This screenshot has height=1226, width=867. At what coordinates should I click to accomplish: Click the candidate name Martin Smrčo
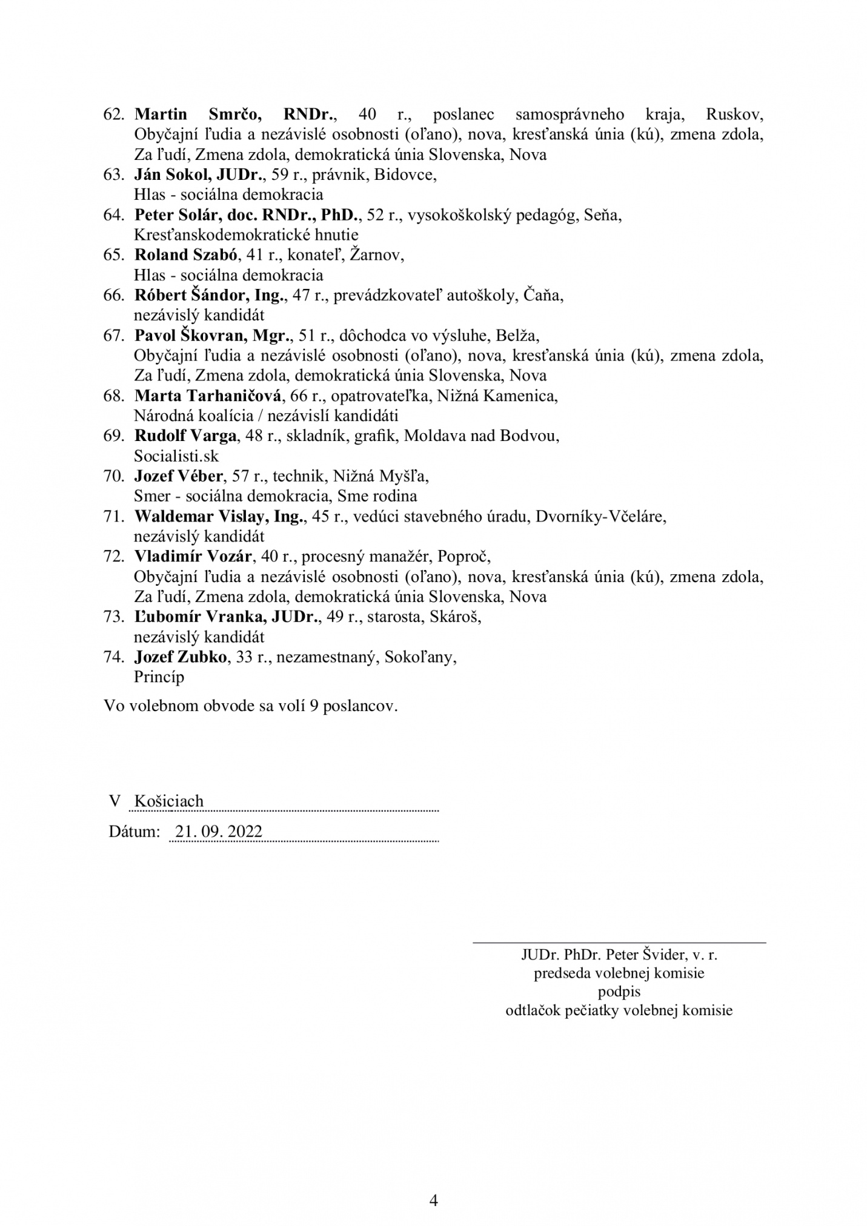pos(199,114)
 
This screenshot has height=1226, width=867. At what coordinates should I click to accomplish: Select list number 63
pos(113,174)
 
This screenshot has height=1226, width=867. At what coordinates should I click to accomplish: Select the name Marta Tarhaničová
pos(208,396)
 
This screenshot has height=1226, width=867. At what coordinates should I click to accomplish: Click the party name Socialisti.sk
pos(176,456)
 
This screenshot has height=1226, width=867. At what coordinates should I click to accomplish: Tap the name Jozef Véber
pos(178,475)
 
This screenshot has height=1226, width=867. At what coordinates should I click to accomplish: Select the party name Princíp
pos(159,677)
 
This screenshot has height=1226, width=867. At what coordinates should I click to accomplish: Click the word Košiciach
pos(169,801)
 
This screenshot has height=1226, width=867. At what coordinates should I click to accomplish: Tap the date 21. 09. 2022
pos(219,831)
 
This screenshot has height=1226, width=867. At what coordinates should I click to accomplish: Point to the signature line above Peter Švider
pos(619,943)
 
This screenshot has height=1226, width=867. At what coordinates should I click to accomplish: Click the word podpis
pos(619,992)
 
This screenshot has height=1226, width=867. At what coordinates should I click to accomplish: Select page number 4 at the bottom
pos(433,1182)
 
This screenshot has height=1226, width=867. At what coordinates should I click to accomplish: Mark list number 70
pos(113,475)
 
